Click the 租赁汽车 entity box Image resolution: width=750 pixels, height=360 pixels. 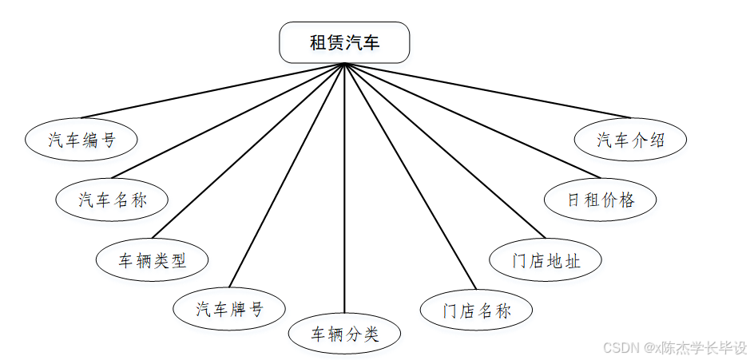tap(344, 42)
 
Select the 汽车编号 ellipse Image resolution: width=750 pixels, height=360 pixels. tap(81, 140)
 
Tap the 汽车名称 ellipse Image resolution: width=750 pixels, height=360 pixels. tap(113, 199)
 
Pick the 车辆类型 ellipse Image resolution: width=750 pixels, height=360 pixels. tap(153, 259)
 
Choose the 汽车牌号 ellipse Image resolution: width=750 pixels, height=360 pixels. tap(229, 308)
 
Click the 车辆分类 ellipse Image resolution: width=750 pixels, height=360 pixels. tap(344, 334)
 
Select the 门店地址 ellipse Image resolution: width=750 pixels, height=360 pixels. tap(546, 260)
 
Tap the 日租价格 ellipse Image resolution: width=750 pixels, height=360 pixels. tap(601, 199)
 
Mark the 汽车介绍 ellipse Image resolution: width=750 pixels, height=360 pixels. tap(631, 140)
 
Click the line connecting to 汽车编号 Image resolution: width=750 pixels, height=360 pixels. tap(212, 90)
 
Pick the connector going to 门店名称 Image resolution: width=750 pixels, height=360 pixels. tap(410, 175)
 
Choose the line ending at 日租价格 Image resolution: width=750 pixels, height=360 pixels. tap(472, 120)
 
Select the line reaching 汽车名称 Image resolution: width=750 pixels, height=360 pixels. tap(228, 120)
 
